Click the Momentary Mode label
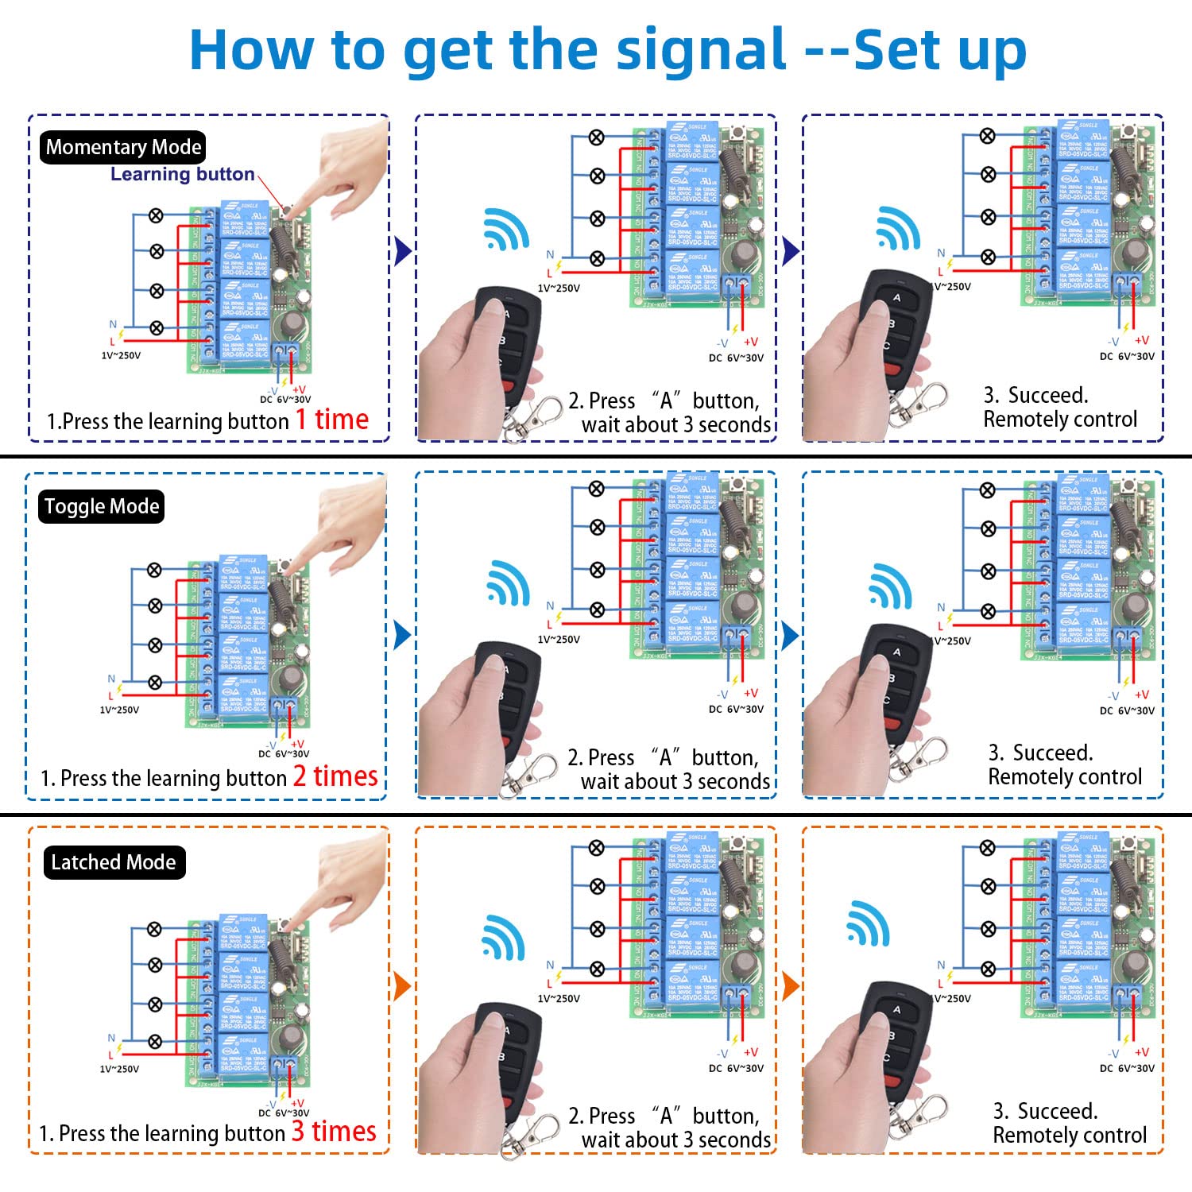(x=123, y=147)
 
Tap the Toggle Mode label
(x=102, y=506)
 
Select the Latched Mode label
(x=114, y=862)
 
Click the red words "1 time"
(x=332, y=420)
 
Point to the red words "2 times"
(x=335, y=776)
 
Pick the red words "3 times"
(x=334, y=1132)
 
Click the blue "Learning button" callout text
(x=182, y=174)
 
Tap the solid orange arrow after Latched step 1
(x=402, y=986)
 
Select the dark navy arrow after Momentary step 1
(x=403, y=251)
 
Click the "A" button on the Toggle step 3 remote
(x=897, y=652)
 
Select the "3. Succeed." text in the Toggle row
(x=1040, y=753)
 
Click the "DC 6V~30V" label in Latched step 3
(x=1127, y=1069)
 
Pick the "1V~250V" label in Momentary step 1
(x=121, y=355)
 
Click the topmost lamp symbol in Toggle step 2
(x=596, y=489)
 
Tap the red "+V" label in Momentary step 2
(x=750, y=342)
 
